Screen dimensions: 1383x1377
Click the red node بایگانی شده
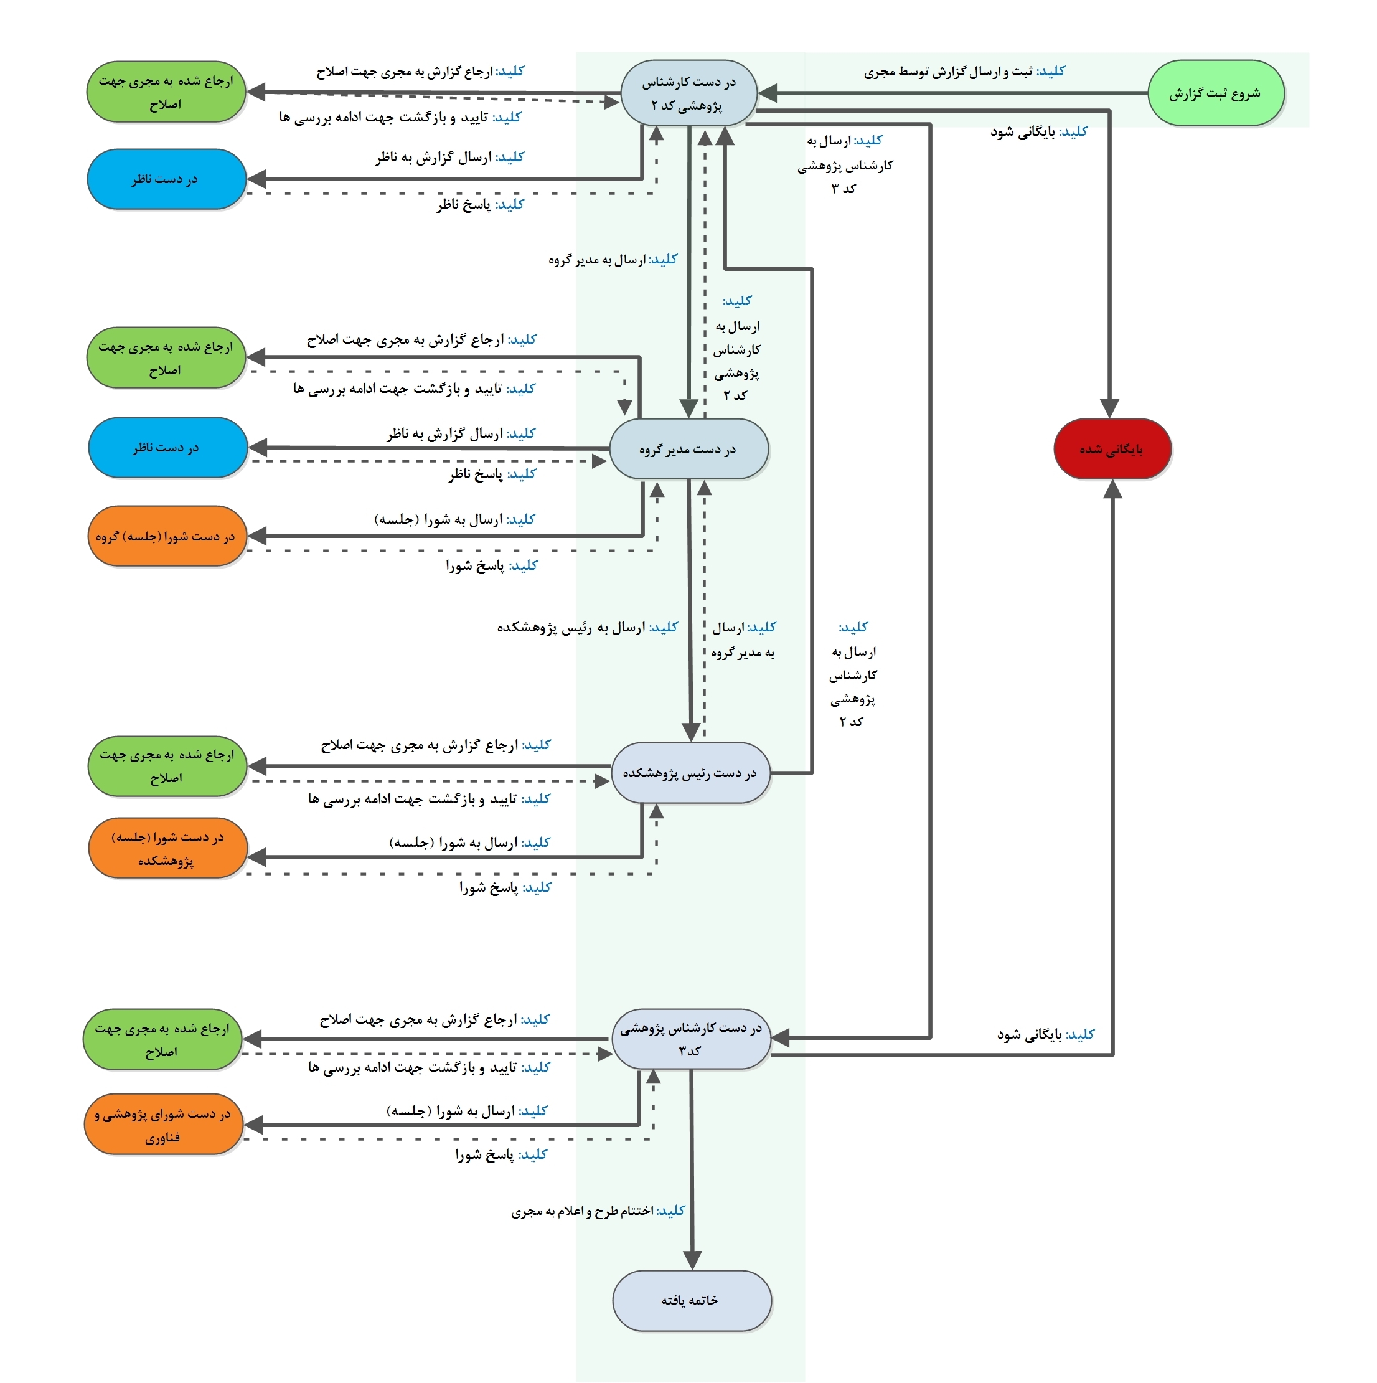[1111, 449]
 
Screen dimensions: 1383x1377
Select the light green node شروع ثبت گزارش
[1215, 93]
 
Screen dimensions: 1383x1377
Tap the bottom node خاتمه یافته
[692, 1300]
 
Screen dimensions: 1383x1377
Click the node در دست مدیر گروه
[688, 449]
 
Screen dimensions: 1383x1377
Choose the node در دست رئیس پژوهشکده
[690, 773]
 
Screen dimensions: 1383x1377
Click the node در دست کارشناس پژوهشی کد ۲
[688, 93]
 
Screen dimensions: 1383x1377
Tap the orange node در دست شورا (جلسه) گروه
[166, 536]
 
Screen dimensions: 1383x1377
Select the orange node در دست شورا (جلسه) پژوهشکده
[167, 848]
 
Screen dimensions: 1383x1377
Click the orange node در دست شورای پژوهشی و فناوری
[163, 1125]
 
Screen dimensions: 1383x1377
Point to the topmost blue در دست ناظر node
[166, 179]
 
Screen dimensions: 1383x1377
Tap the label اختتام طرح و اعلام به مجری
[598, 1211]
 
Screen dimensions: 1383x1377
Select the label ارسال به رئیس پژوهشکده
[587, 628]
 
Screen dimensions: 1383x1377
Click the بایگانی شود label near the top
[1038, 132]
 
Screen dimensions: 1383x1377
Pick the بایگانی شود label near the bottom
[1046, 1034]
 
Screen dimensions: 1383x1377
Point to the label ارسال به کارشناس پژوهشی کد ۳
[845, 164]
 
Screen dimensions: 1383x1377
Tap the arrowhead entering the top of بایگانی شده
[1109, 408]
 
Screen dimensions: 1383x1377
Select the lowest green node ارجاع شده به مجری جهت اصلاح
[162, 1039]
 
